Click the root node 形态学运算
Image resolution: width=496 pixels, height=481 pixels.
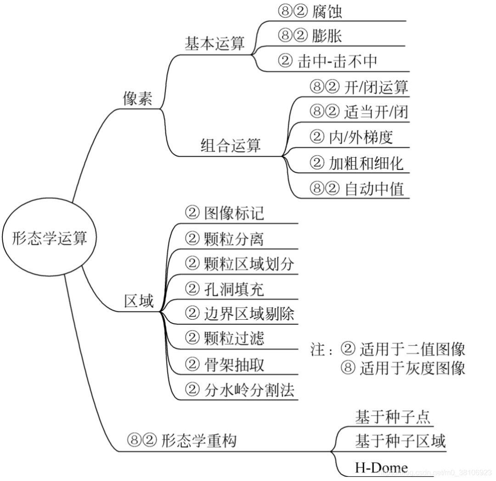tap(49, 239)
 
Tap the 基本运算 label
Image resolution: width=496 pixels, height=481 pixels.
tap(214, 44)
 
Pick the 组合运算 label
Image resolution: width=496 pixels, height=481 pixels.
tap(231, 145)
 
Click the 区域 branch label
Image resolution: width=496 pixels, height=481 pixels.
tap(139, 301)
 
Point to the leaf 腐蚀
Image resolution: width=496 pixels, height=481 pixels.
tap(327, 11)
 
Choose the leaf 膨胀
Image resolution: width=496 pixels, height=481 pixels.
tap(327, 36)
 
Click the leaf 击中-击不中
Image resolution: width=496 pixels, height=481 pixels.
tap(338, 61)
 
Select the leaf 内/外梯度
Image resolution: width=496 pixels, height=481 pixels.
tap(361, 137)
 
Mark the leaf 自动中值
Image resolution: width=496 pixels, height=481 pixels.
tap(374, 188)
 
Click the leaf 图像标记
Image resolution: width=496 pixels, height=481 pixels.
tap(234, 213)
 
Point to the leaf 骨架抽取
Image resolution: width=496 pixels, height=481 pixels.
tap(234, 365)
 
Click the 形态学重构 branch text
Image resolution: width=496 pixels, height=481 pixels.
tap(199, 441)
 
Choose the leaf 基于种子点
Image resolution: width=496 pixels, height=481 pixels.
tap(392, 417)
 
